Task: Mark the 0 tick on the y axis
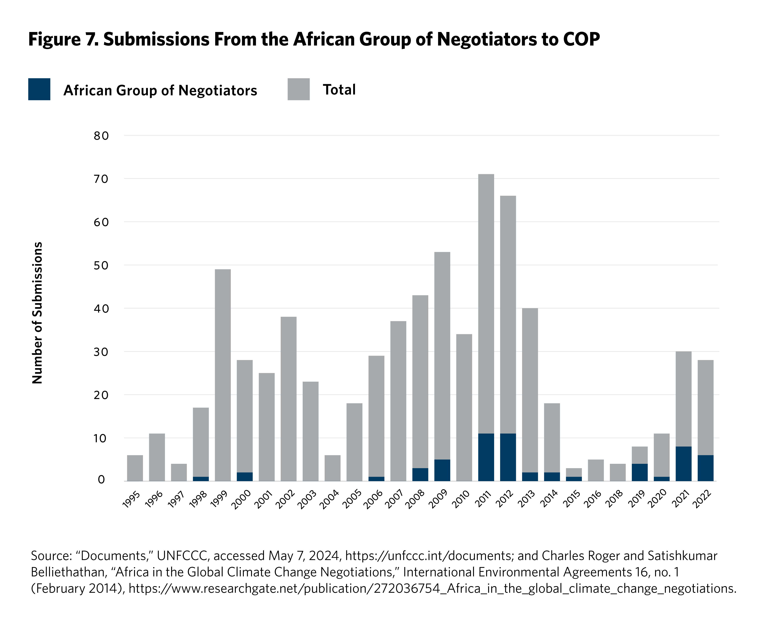tap(101, 480)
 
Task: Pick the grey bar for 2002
tap(288, 398)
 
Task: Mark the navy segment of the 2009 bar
tap(442, 470)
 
